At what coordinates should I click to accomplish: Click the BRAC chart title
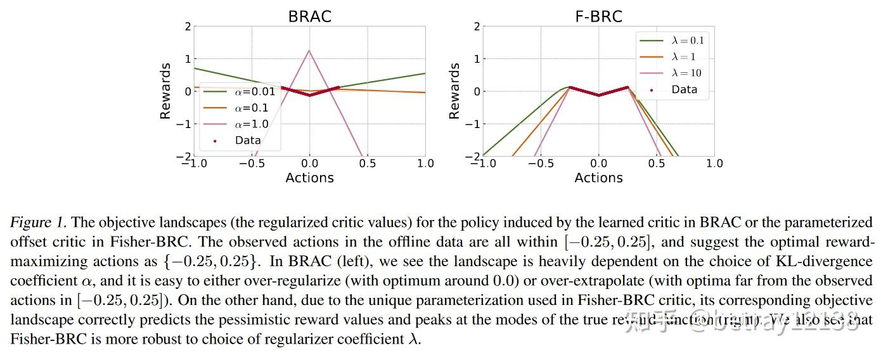[x=309, y=16]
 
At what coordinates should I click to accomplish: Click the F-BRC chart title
[x=598, y=16]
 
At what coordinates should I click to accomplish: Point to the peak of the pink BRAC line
[x=309, y=51]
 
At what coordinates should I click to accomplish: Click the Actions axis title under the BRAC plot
[x=309, y=178]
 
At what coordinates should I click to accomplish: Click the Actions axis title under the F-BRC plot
[x=598, y=178]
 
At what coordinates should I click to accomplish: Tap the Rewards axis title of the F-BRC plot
[x=454, y=91]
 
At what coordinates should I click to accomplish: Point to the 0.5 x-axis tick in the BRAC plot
[x=367, y=164]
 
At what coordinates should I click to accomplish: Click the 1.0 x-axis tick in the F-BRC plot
[x=714, y=164]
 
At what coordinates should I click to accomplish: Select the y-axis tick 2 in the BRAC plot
[x=187, y=27]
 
